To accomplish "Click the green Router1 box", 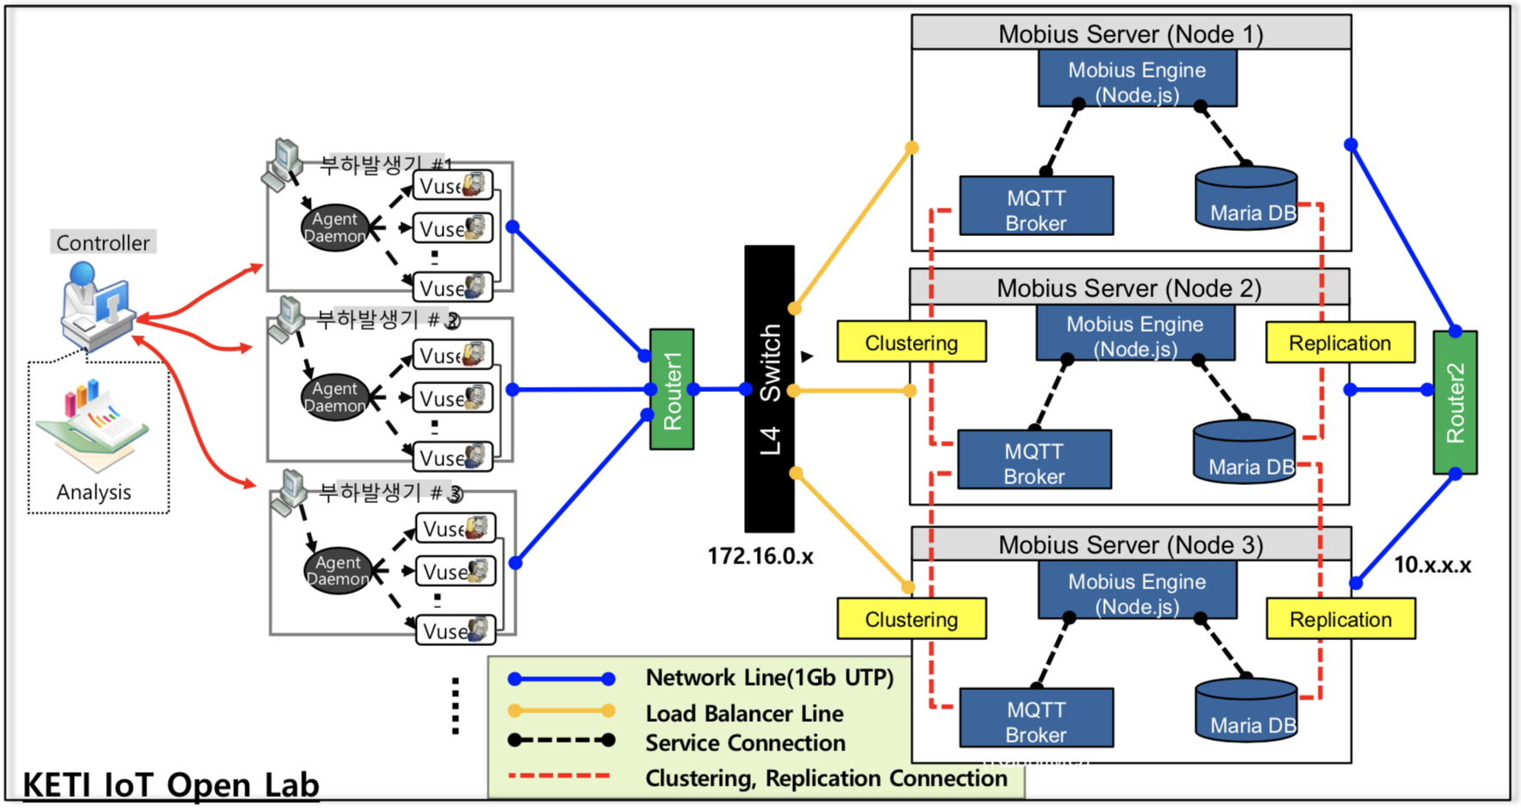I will coord(672,389).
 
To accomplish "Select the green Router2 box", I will coord(1455,402).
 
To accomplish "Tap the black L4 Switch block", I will coord(769,388).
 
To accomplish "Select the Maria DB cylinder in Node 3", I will coord(1246,712).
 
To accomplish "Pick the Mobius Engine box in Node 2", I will coord(1134,336).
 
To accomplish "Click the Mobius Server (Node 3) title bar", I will coord(1130,544).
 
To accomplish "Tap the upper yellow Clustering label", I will coord(911,343).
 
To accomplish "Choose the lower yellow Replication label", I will coord(1340,619).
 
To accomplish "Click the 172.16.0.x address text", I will coord(760,556).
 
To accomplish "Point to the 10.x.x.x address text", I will coord(1432,565).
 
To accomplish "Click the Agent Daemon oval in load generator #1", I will coord(334,228).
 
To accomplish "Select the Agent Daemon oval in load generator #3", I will coord(338,570).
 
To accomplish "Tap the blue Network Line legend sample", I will coord(562,679).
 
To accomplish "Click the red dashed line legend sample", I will coord(560,776).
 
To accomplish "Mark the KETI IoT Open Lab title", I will coord(171,786).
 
